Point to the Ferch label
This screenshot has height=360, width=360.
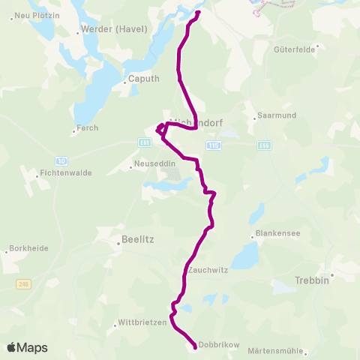[x=87, y=129]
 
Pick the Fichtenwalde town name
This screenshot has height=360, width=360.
[x=65, y=172]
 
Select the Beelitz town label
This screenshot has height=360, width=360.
[x=136, y=241]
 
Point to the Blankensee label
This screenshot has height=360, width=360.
[x=277, y=233]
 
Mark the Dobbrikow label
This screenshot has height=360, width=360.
[x=219, y=345]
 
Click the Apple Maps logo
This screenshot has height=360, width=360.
[x=27, y=347]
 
